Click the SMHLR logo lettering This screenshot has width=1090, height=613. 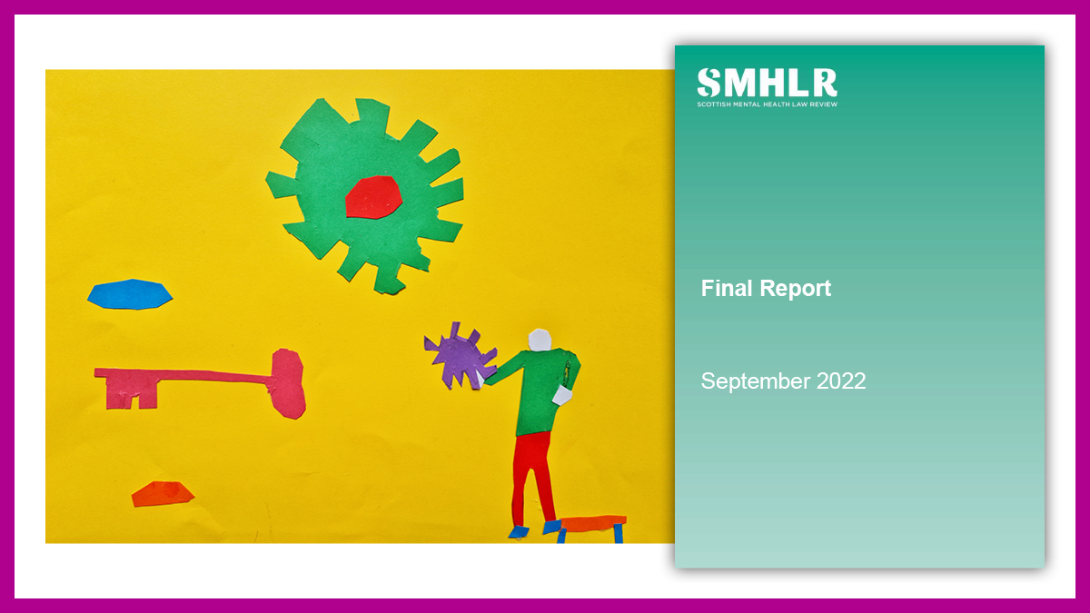click(767, 83)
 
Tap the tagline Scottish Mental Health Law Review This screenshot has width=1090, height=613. click(767, 104)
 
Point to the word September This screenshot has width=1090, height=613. click(756, 381)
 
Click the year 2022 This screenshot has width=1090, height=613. click(841, 381)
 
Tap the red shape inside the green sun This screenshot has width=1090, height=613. click(373, 197)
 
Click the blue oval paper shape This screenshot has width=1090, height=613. click(130, 294)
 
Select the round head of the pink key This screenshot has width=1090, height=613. click(288, 383)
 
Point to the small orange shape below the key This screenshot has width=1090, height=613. click(163, 494)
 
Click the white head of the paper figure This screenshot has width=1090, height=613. click(540, 340)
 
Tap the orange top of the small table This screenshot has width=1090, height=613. click(592, 523)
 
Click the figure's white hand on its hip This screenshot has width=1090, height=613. click(562, 396)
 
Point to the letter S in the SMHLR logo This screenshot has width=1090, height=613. click(708, 83)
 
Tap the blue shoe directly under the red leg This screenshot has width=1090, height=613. click(519, 532)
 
